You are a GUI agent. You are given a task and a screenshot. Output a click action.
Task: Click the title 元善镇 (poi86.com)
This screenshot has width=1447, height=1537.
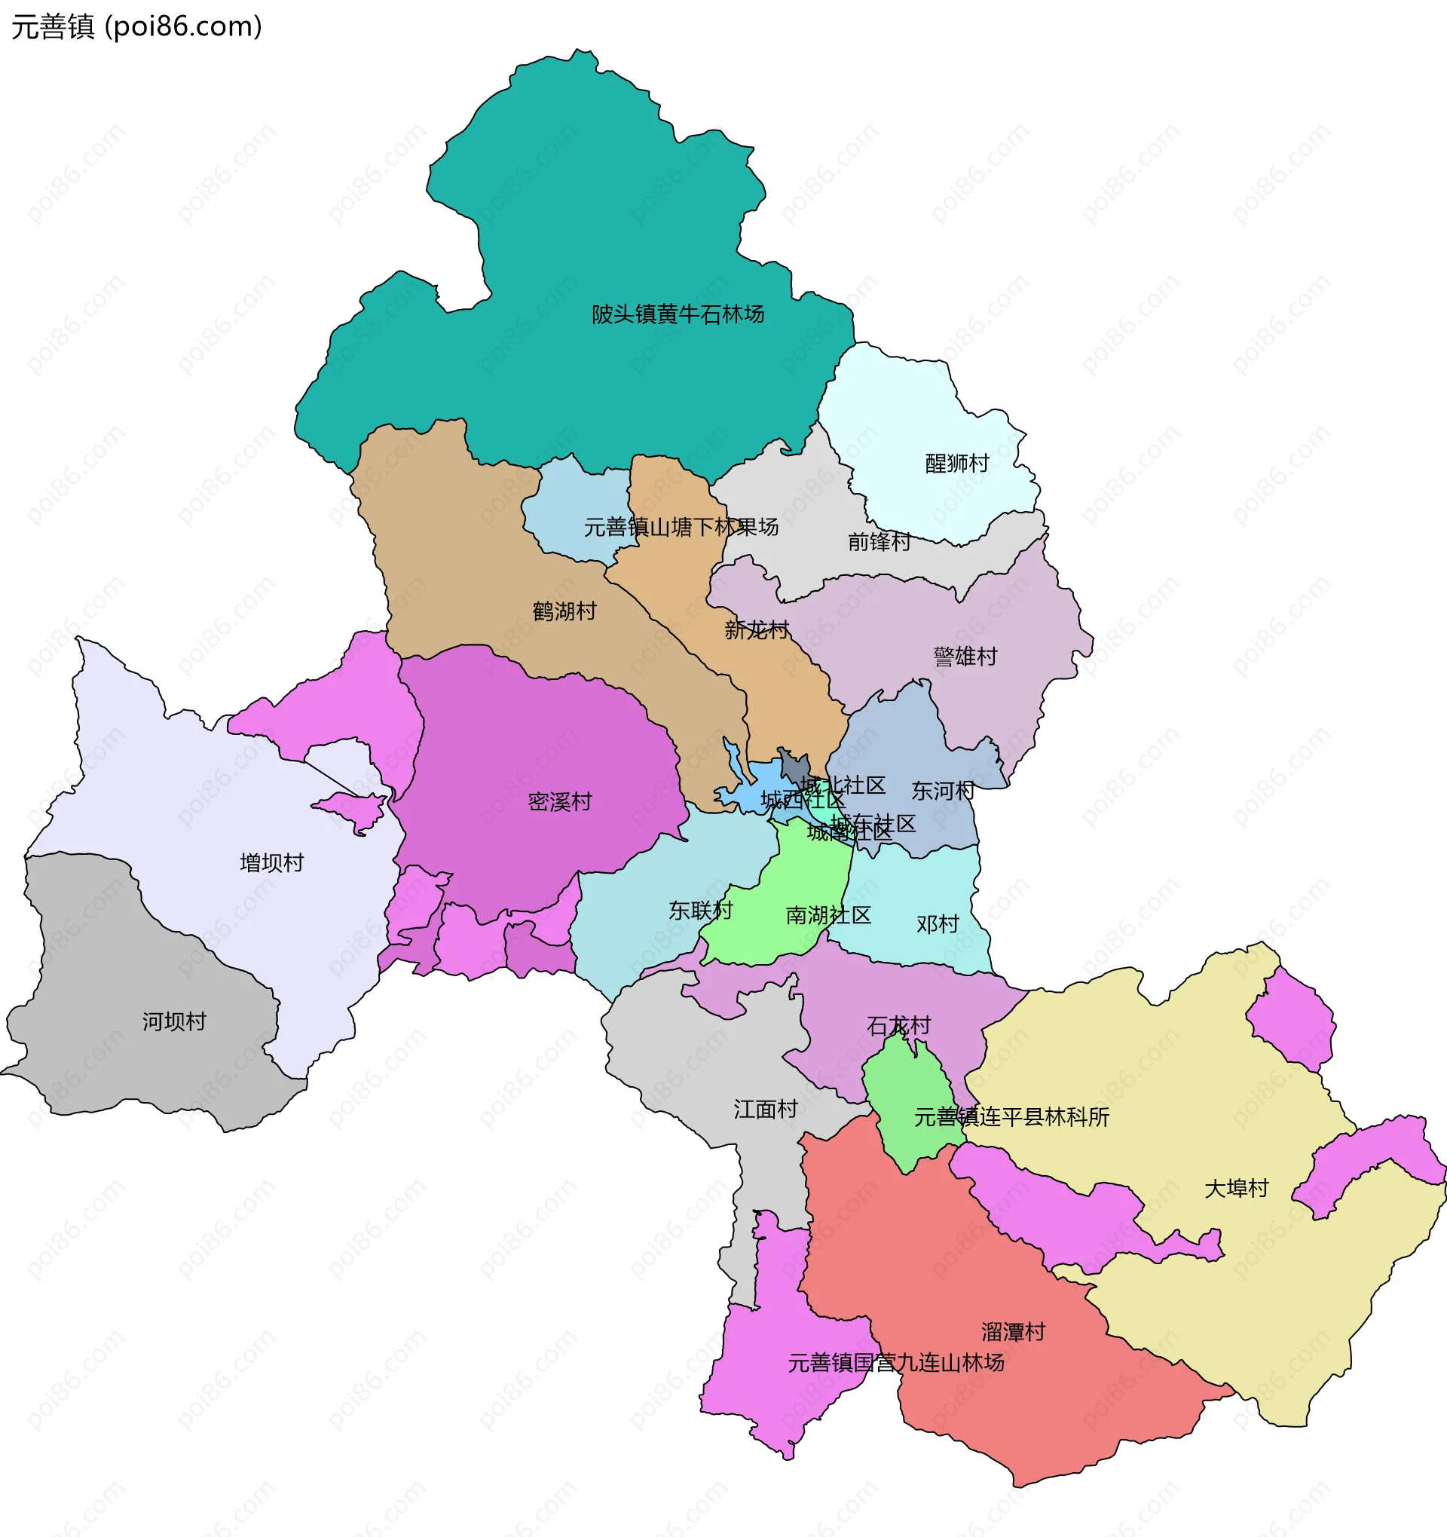tap(137, 26)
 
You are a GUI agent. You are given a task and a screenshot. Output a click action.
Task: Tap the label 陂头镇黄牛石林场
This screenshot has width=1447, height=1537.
tap(678, 314)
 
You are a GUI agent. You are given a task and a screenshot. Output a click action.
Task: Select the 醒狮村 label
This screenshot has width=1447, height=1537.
tap(957, 463)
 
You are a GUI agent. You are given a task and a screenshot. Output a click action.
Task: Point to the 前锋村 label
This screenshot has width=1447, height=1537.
tap(879, 541)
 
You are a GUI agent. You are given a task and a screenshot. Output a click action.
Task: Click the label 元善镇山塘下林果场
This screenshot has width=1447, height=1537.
tap(681, 527)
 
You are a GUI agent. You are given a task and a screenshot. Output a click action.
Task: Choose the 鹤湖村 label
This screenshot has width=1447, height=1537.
tap(564, 611)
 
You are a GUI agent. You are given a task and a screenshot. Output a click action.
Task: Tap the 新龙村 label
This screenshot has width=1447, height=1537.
tap(756, 630)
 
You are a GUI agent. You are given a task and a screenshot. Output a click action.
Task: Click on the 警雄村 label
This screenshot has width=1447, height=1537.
tap(965, 657)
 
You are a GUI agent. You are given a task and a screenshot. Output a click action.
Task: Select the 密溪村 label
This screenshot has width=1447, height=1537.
tap(560, 802)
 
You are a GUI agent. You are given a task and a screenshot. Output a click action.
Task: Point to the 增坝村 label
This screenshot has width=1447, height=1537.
tap(272, 863)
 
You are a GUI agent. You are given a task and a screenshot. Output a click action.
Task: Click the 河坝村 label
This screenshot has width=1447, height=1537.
tap(174, 1021)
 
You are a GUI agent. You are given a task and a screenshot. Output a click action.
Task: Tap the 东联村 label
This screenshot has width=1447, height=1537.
tap(700, 910)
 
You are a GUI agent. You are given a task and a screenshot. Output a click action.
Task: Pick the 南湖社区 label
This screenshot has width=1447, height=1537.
tap(828, 915)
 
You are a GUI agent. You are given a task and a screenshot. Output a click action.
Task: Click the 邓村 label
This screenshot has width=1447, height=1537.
tap(937, 924)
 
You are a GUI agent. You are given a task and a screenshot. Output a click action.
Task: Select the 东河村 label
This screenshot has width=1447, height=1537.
tap(942, 791)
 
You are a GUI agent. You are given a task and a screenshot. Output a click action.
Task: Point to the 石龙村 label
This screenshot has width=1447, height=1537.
tap(899, 1026)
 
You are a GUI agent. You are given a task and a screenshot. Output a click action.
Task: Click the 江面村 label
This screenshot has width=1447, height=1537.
tap(765, 1110)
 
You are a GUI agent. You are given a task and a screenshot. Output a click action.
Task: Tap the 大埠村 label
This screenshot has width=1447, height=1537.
tap(1237, 1188)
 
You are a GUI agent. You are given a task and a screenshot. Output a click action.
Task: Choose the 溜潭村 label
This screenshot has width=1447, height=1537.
tap(1014, 1331)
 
